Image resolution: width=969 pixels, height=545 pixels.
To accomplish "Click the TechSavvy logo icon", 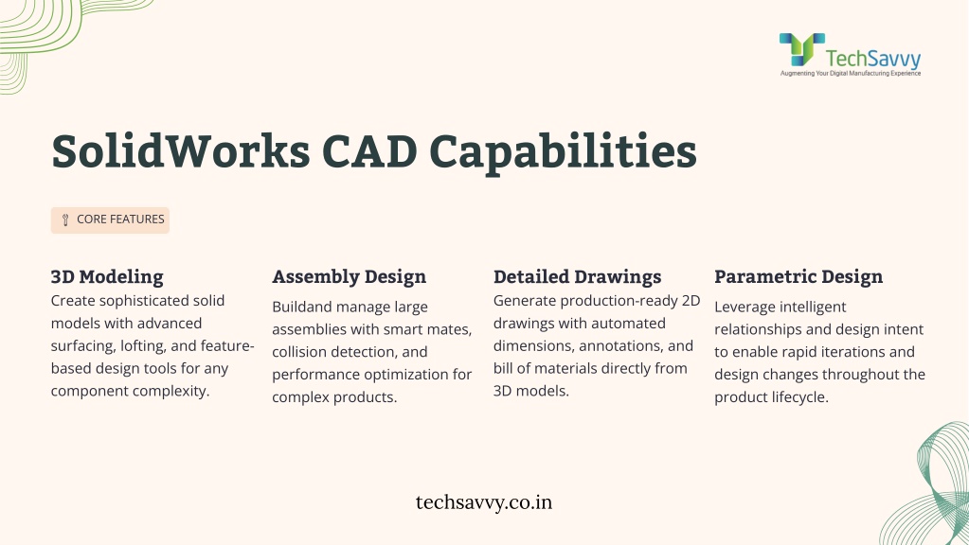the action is click(801, 49).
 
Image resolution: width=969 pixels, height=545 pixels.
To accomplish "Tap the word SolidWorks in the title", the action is click(181, 150).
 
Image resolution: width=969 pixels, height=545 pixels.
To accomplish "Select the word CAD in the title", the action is click(369, 151).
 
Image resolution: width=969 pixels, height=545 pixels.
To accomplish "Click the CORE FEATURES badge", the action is click(110, 220).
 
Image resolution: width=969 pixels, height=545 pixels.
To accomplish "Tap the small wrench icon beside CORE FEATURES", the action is click(65, 220).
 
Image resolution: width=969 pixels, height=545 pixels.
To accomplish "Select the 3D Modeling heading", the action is click(107, 276).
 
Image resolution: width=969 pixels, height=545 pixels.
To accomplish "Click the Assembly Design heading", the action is click(350, 276).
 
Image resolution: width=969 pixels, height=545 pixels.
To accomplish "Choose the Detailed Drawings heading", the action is click(577, 276).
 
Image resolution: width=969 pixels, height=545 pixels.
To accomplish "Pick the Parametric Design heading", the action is click(799, 276).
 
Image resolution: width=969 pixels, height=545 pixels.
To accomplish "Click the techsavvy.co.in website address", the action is click(484, 502).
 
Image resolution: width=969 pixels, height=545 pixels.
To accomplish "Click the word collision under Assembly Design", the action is click(299, 352).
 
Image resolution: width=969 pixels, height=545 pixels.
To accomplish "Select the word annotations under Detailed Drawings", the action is click(621, 346).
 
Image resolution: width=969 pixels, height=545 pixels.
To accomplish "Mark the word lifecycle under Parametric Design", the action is click(798, 397).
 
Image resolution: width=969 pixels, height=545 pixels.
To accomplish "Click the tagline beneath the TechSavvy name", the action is click(851, 74).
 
